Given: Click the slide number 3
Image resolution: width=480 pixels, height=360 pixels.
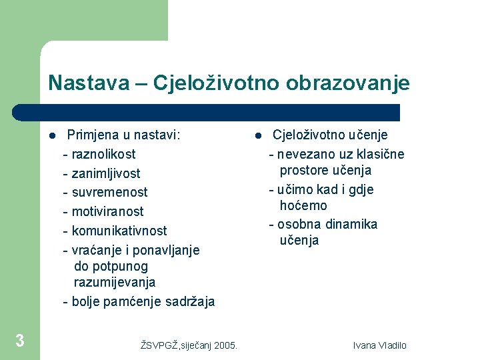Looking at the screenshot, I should coord(20,341).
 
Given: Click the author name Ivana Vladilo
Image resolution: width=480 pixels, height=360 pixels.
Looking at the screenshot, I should coord(379,345).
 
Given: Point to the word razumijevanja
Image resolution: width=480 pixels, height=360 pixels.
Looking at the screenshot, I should coord(115,283).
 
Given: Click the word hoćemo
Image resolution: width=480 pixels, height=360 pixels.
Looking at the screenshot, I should coord(303,206).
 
